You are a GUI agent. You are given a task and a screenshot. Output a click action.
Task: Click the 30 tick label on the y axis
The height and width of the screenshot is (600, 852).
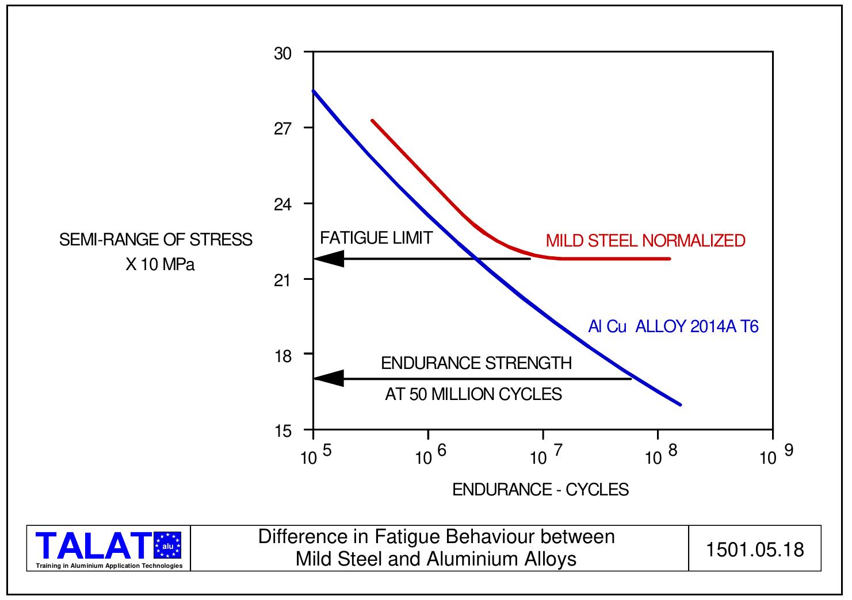[x=282, y=54]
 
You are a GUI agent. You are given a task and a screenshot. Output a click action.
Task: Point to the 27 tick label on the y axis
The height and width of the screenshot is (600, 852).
[x=282, y=129]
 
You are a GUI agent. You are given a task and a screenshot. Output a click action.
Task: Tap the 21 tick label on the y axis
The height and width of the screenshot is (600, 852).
[x=282, y=280]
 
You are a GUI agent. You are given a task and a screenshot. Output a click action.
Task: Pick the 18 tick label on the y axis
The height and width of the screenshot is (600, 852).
[x=282, y=356]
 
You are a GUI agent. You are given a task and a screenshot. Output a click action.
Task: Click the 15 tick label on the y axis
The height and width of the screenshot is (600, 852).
[x=282, y=431]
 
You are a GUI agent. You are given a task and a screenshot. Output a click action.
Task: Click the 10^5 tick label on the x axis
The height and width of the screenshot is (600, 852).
[x=316, y=455]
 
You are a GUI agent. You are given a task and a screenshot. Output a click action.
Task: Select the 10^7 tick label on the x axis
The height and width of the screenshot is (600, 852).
[x=546, y=455]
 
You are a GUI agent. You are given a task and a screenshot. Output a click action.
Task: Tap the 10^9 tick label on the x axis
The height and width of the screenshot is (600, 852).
[x=776, y=455]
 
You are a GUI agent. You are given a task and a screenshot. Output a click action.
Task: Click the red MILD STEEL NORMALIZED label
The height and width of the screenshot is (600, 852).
[x=645, y=240]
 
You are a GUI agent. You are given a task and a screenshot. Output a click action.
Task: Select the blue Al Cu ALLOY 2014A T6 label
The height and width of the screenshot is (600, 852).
[x=673, y=326]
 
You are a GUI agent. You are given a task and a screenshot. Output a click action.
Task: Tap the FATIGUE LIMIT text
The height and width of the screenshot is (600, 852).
[x=376, y=238]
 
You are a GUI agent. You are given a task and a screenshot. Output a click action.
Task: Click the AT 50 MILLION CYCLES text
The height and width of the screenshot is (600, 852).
[x=473, y=394]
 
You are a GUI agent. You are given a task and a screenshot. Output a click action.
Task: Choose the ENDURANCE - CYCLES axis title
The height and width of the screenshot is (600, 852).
[x=540, y=490]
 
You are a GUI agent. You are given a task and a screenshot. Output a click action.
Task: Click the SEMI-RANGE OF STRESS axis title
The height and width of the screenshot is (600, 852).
[x=155, y=240]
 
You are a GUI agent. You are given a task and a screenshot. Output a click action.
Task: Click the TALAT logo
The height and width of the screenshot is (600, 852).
[x=109, y=548]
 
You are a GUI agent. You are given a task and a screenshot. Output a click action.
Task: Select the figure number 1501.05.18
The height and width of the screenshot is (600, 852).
[x=754, y=549]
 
